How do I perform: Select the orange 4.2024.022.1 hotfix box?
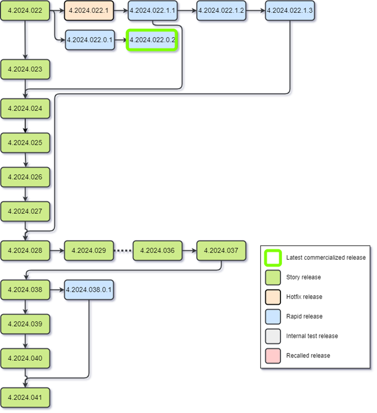pos(89,11)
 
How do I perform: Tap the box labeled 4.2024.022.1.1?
pos(153,11)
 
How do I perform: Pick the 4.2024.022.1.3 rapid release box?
pos(290,11)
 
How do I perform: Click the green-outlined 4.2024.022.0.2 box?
pos(152,40)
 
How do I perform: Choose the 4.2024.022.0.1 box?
pos(90,40)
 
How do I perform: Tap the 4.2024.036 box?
pos(158,250)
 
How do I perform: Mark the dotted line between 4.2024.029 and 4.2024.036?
pos(123,250)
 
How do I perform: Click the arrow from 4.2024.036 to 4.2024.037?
pos(189,250)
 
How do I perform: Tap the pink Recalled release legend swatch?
pos(273,355)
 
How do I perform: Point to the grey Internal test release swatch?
pos(273,336)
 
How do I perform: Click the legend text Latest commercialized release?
pos(326,258)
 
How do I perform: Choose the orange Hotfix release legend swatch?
pos(273,296)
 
